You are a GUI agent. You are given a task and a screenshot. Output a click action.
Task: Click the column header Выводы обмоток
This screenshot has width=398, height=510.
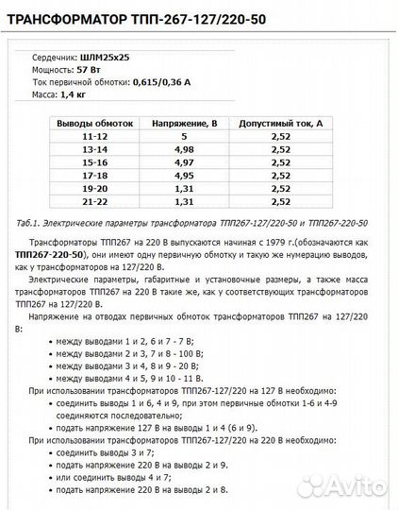pos(89,124)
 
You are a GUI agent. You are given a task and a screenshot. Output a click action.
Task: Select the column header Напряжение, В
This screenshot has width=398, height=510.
pos(185,124)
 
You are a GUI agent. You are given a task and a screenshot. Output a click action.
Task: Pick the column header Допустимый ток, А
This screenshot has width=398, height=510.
pos(280,124)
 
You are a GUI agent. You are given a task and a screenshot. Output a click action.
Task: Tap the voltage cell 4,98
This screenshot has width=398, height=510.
pos(185,149)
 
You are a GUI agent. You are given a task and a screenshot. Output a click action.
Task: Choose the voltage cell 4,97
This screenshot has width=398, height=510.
pos(185,162)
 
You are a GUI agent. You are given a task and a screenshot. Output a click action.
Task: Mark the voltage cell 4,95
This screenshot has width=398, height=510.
pos(185,175)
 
